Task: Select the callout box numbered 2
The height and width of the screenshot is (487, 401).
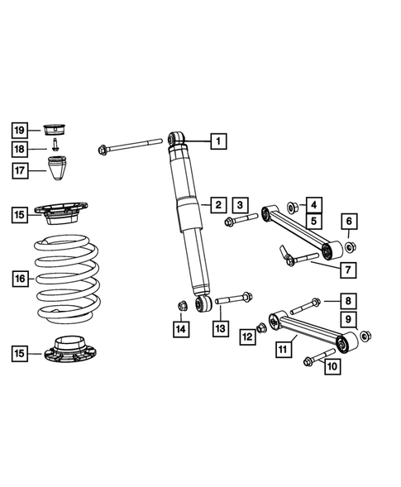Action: coord(217,203)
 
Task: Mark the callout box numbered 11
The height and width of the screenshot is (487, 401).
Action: coord(284,350)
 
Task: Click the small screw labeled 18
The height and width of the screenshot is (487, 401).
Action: coord(55,148)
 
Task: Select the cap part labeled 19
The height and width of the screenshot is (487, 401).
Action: coord(55,129)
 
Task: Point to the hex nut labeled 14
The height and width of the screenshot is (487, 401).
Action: coord(183,308)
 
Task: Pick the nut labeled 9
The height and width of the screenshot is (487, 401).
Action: coord(366,335)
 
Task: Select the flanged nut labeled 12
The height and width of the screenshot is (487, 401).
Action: coord(260,328)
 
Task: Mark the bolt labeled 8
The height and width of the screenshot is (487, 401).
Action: coord(303,304)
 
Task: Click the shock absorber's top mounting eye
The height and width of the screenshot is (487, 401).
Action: coord(175,138)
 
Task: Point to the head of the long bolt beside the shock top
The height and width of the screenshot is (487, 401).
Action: coord(103,150)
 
